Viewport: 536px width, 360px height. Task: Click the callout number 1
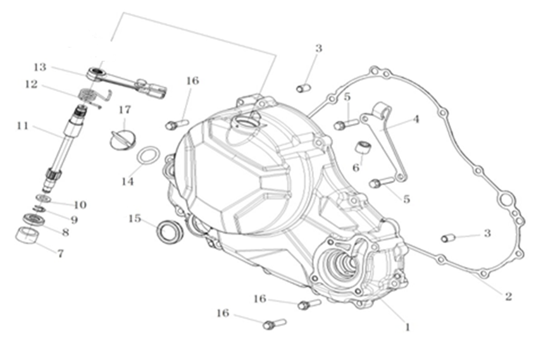(408, 327)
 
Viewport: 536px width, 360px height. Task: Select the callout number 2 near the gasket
(508, 295)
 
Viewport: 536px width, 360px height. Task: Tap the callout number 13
(40, 66)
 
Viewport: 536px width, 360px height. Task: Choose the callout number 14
(128, 182)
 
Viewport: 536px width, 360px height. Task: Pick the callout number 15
(134, 218)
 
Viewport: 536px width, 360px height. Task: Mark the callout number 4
(416, 118)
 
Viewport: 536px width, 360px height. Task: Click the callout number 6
(356, 168)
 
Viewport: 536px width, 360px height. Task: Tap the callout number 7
(60, 254)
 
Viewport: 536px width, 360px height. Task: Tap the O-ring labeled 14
(148, 155)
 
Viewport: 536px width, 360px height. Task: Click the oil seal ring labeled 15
(170, 231)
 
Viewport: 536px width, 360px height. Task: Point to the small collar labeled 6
(364, 148)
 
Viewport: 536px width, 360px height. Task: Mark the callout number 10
(80, 205)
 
